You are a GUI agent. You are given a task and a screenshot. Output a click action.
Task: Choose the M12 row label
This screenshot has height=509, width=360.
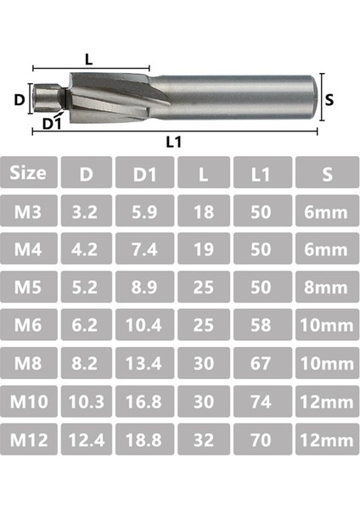click(30, 440)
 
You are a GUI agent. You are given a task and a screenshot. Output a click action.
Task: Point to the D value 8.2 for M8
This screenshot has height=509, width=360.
click(86, 364)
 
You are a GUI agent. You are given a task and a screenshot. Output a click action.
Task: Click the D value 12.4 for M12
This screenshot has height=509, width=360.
click(86, 440)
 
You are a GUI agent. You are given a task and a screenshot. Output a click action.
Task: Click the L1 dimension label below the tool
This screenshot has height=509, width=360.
click(174, 142)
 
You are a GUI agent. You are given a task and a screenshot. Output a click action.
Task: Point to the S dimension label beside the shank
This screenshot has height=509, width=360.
click(329, 99)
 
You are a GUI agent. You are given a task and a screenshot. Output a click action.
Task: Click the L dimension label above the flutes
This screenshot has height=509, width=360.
click(89, 58)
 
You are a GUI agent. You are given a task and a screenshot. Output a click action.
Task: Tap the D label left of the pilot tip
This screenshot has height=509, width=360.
click(19, 98)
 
